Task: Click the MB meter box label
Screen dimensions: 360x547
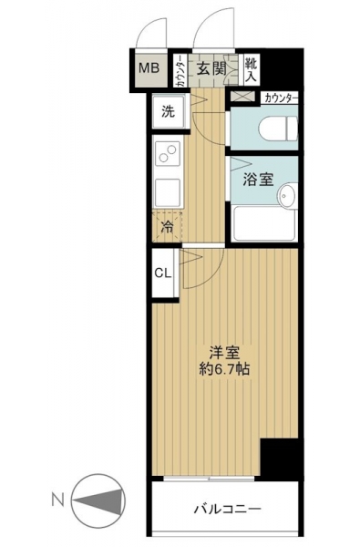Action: (149, 67)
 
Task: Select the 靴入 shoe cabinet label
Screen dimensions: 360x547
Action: (251, 70)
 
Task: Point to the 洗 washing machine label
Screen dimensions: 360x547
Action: (168, 111)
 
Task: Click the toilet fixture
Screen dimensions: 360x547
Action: (278, 129)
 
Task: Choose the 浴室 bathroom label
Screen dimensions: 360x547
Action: (258, 179)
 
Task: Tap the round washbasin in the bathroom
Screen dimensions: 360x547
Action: (287, 195)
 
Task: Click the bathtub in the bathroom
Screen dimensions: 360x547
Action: (263, 223)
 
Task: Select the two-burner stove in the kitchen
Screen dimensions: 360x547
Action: (168, 153)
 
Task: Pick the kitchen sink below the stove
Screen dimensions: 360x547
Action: (168, 192)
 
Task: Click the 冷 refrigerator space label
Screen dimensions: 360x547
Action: (168, 227)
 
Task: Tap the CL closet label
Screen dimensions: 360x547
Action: (163, 273)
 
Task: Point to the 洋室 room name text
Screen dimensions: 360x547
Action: (224, 353)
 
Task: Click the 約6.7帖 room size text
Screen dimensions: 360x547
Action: (224, 368)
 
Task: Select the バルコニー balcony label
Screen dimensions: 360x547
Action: (228, 509)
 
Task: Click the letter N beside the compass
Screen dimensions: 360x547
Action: (58, 501)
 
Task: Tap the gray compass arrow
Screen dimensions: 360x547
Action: (98, 501)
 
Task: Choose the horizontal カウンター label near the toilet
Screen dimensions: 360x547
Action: (281, 98)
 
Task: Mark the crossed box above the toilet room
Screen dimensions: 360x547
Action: (243, 96)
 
